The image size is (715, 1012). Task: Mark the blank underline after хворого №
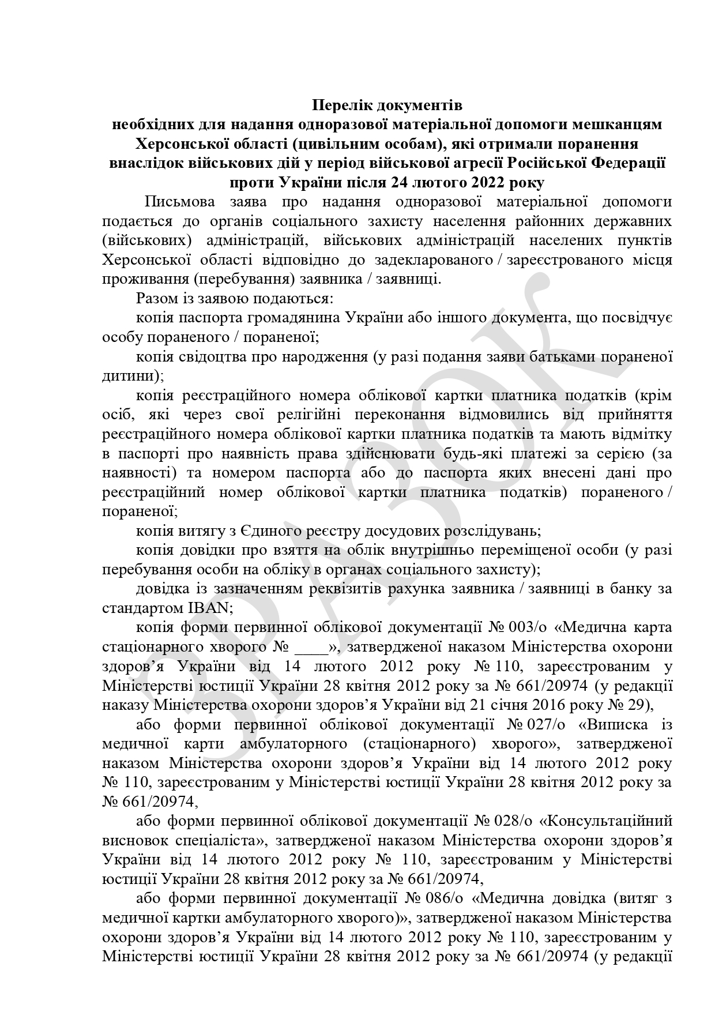click(311, 648)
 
